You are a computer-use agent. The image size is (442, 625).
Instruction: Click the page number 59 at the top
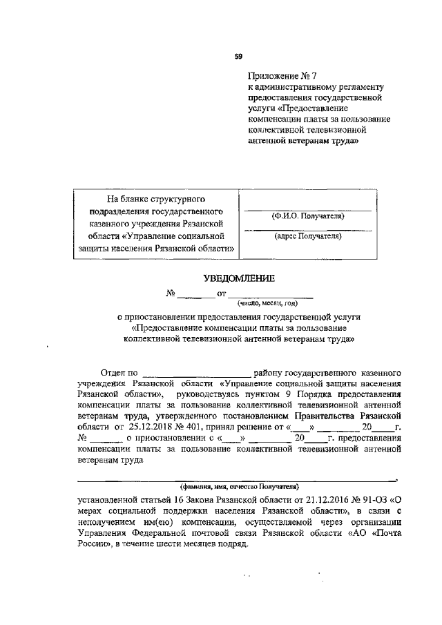tap(238, 55)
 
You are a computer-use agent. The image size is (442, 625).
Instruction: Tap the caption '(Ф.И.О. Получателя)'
tap(307, 216)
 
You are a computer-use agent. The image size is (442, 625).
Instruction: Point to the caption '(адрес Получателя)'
tap(307, 236)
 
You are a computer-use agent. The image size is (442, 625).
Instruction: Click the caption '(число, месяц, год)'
tap(267, 302)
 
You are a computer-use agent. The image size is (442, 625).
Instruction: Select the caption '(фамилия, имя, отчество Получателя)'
tap(235, 485)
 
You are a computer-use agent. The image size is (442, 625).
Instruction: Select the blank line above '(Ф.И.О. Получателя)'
tap(307, 209)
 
